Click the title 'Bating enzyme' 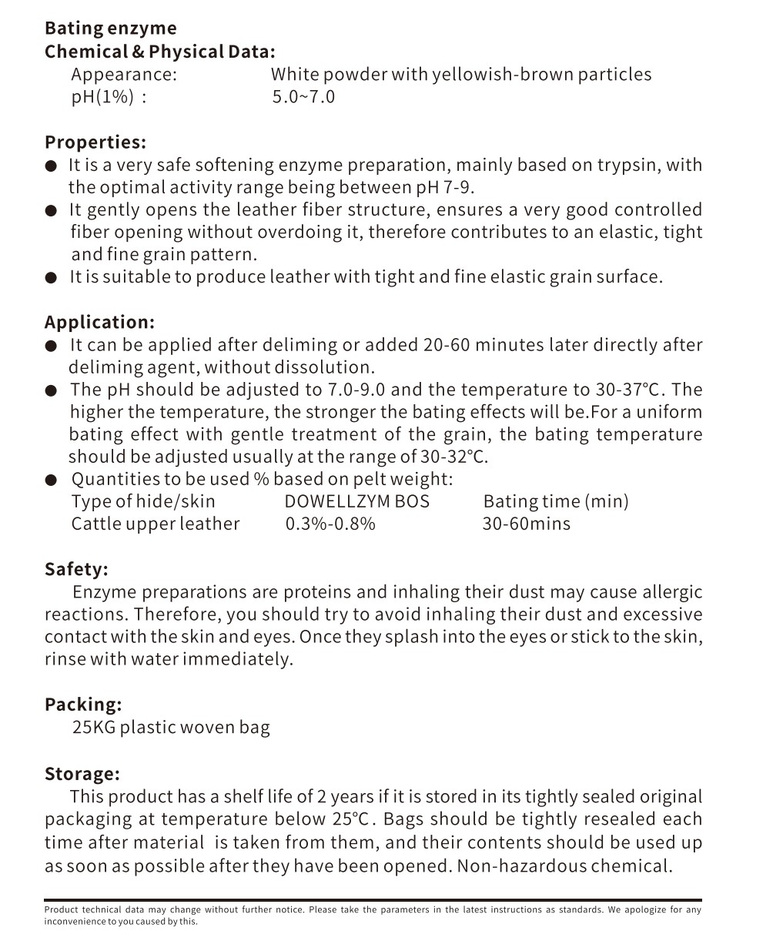click(x=110, y=28)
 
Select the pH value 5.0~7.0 click(x=303, y=97)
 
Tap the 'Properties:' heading click(x=95, y=142)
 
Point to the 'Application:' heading click(x=99, y=322)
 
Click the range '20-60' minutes click(x=447, y=345)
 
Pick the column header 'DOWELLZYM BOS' click(x=356, y=501)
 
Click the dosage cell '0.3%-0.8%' click(x=330, y=524)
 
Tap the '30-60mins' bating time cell click(x=526, y=524)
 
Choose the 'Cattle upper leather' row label click(x=156, y=524)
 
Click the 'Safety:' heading click(x=76, y=569)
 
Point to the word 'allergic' click(x=670, y=592)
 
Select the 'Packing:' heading click(x=83, y=705)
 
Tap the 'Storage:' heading click(x=82, y=774)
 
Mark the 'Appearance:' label click(x=124, y=75)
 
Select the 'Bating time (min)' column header click(x=556, y=501)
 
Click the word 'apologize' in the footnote click(x=644, y=909)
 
